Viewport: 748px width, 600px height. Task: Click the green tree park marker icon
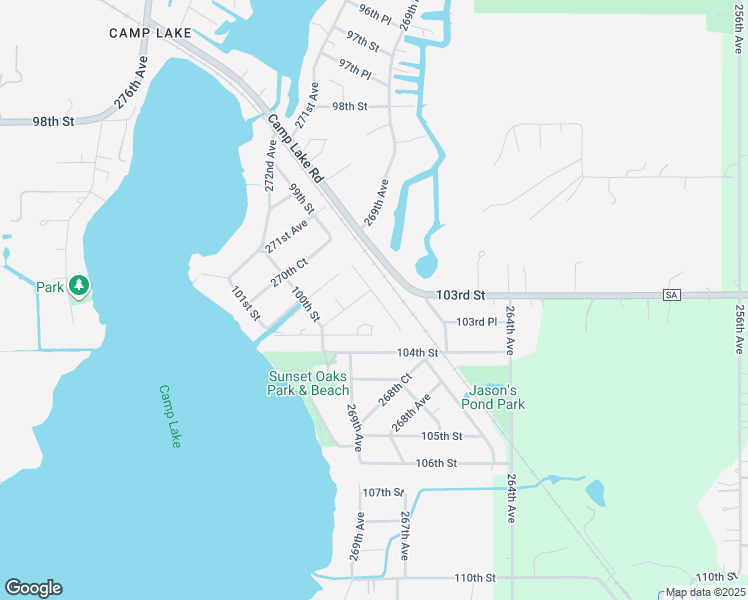click(x=79, y=287)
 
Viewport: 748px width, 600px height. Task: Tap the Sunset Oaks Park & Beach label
click(x=308, y=383)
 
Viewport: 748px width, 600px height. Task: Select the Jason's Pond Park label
click(x=493, y=397)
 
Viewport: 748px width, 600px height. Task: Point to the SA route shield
click(x=672, y=294)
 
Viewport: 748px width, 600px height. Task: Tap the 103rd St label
click(x=461, y=295)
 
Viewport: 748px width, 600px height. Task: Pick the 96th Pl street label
click(x=376, y=13)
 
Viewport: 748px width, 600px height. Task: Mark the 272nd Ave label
click(x=271, y=164)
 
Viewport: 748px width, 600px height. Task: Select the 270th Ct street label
click(x=288, y=271)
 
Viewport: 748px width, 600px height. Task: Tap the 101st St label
click(x=246, y=304)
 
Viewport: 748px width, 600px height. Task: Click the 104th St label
click(x=418, y=353)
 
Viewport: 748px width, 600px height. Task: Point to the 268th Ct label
click(x=396, y=390)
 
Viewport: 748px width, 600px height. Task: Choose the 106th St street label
click(x=436, y=463)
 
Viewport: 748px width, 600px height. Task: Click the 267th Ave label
click(x=406, y=535)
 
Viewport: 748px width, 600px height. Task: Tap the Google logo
click(x=33, y=588)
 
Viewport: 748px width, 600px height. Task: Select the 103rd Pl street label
click(x=476, y=322)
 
